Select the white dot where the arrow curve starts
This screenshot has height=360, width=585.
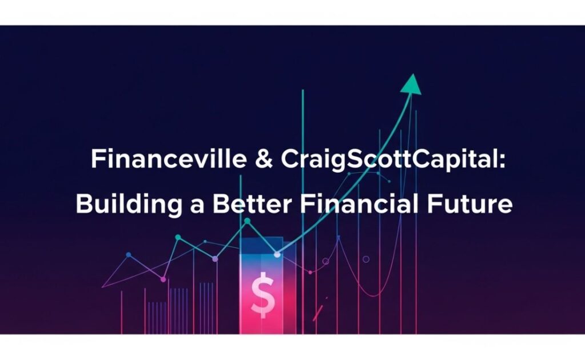(x=278, y=254)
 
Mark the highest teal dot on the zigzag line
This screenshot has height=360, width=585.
(x=247, y=221)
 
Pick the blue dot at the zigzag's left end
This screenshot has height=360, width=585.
(x=128, y=254)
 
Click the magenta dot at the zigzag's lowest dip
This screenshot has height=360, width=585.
(x=163, y=279)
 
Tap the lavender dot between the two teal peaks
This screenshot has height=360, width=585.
(x=215, y=259)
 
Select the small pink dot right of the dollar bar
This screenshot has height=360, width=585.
(x=310, y=272)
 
